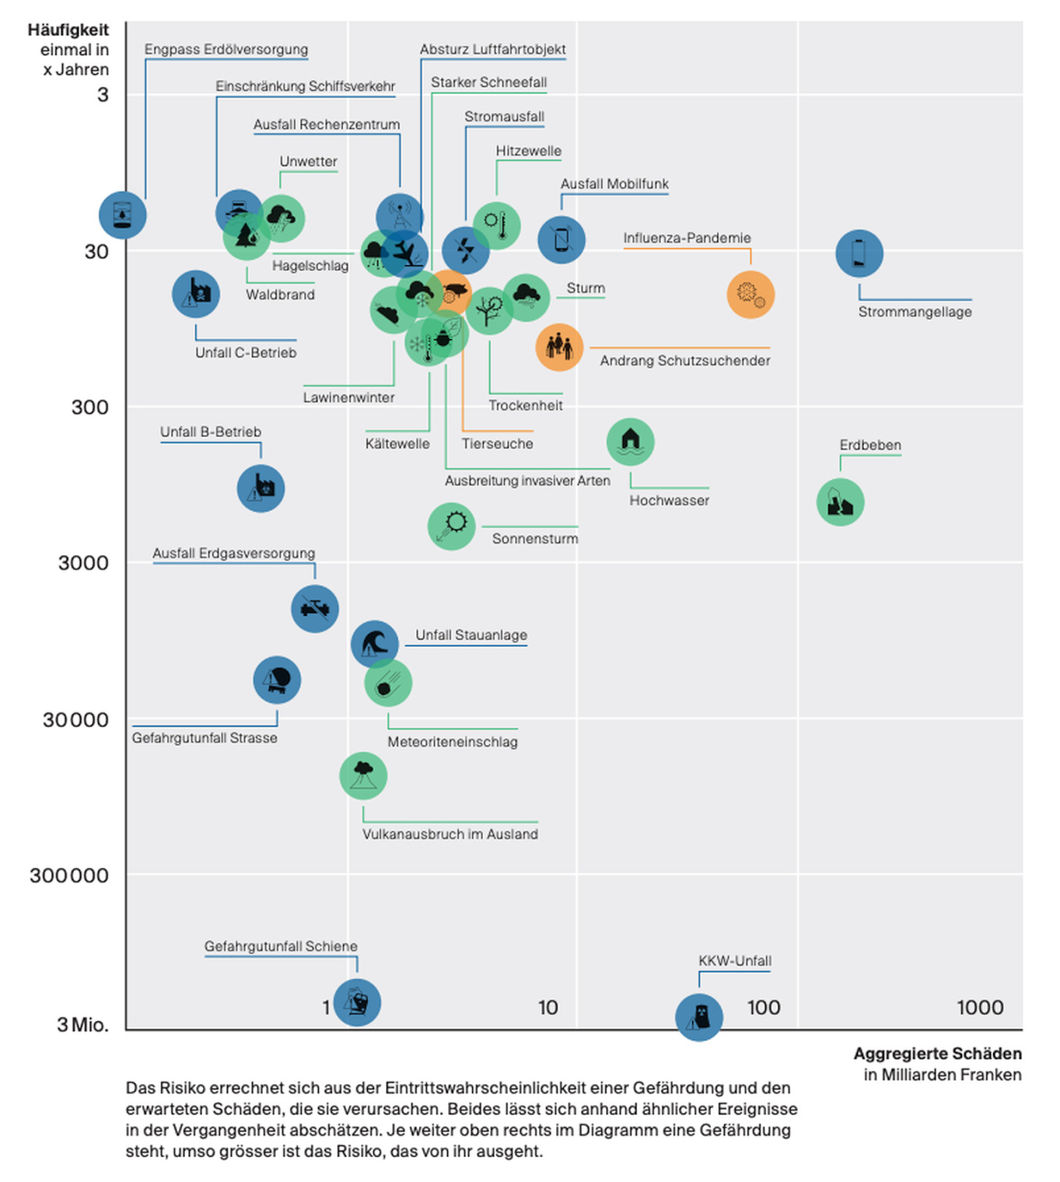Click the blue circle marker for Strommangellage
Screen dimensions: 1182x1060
[x=859, y=254]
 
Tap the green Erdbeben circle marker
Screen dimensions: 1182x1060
[x=840, y=502]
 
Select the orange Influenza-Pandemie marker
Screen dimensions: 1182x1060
[x=750, y=295]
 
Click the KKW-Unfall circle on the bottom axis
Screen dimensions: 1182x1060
[x=699, y=1016]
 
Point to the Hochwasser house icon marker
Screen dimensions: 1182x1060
[x=630, y=442]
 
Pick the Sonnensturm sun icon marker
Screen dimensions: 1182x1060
[x=451, y=526]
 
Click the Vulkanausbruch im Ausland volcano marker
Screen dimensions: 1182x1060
[x=363, y=775]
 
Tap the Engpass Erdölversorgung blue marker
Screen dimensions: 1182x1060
[x=123, y=215]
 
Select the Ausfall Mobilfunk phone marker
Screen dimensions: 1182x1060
[x=561, y=240]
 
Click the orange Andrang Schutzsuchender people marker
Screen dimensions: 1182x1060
[x=559, y=347]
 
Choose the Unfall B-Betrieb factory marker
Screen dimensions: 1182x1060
[x=261, y=488]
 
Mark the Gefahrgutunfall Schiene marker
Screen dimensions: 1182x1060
[x=357, y=1002]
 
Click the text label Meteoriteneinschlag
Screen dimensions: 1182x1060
[x=453, y=742]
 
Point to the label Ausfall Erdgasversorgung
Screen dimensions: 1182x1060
[x=233, y=553]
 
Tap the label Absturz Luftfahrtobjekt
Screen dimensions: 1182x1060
[x=492, y=49]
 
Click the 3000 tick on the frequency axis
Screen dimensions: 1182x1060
[x=83, y=563]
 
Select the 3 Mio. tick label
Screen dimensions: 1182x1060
[x=82, y=1024]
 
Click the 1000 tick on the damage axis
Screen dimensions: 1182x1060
[x=979, y=1008]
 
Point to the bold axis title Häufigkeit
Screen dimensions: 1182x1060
[x=68, y=30]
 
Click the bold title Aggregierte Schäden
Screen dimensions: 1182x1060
[x=937, y=1054]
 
